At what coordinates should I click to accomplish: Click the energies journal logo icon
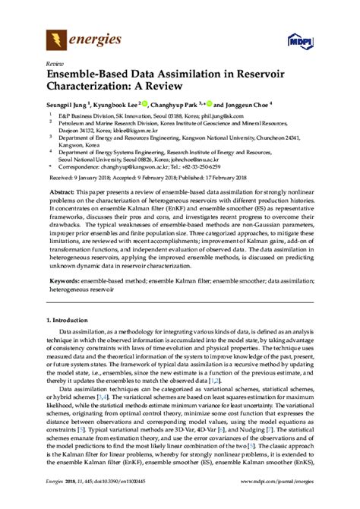tap(55, 39)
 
